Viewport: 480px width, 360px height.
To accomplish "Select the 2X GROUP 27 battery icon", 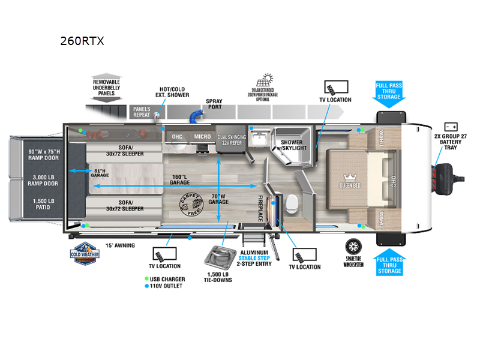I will [451, 127].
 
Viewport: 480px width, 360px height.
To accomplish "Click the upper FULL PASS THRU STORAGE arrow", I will [389, 94].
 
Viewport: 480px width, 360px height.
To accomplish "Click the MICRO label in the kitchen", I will [202, 137].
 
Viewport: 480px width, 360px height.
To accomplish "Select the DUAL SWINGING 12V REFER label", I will [232, 140].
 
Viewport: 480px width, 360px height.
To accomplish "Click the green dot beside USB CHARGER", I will [146, 279].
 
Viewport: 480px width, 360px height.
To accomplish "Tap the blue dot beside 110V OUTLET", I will [146, 286].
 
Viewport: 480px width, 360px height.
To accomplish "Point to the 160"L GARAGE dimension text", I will [179, 180].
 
